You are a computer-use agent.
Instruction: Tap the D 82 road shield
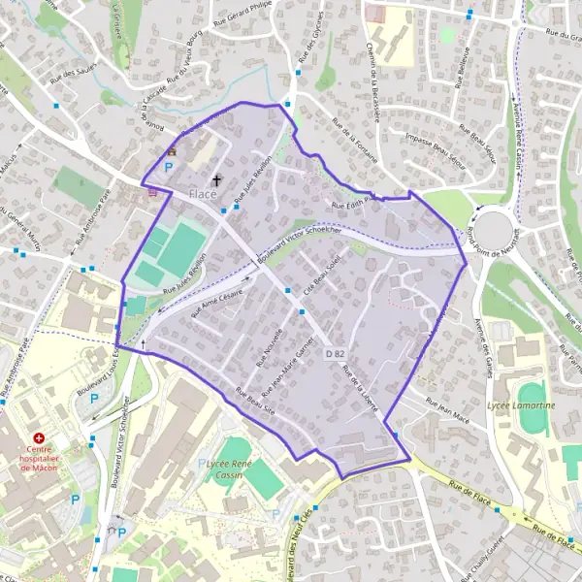coord(335,355)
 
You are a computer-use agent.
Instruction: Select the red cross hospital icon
coord(40,439)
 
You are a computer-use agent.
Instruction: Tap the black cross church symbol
coord(216,179)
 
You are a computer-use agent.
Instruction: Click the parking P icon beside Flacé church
coord(168,167)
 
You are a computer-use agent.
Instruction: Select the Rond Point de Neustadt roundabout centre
coord(496,230)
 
